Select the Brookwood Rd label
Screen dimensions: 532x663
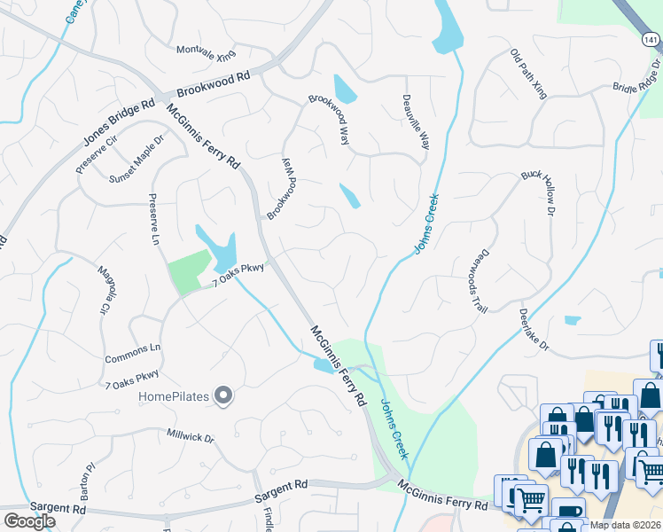coord(214,85)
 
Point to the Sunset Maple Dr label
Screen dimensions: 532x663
coord(137,159)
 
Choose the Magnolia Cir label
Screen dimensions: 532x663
coord(106,290)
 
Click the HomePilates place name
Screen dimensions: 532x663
coord(174,396)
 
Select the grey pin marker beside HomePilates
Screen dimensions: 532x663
coord(224,396)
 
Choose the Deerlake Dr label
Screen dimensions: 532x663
coord(534,325)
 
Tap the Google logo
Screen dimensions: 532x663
coord(29,520)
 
